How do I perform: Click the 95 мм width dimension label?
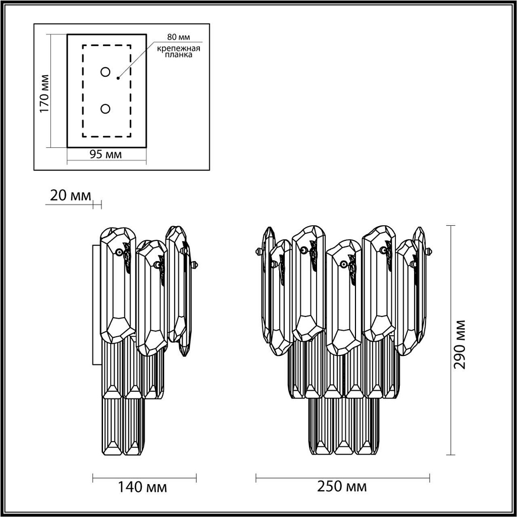[x=106, y=154]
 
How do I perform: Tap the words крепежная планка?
[x=178, y=51]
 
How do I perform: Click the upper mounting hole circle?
[x=105, y=72]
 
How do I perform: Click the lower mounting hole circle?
[x=105, y=109]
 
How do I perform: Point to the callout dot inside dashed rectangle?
[x=118, y=78]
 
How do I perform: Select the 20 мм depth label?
[x=70, y=195]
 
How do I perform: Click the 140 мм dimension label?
[x=142, y=487]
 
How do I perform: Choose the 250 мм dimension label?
[x=342, y=487]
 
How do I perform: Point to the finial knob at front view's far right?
[x=430, y=251]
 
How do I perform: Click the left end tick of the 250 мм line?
[x=256, y=477]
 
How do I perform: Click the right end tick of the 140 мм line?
[x=196, y=477]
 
